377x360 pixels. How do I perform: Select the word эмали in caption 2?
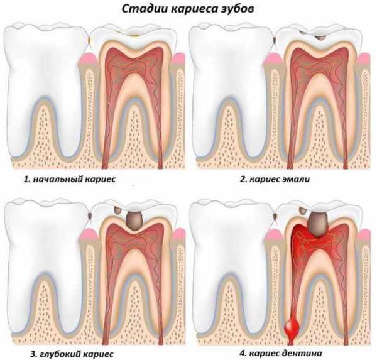pos(297,179)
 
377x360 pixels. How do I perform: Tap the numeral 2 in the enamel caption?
pos(243,179)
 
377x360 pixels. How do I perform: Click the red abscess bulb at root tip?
pos(292,327)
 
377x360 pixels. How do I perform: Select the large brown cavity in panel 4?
pos(319,224)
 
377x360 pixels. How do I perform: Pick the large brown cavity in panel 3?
pos(134,221)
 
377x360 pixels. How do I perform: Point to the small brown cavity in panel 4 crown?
pos(302,211)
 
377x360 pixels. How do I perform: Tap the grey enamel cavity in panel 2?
pos(320,37)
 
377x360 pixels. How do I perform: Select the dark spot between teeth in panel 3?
pos(90,215)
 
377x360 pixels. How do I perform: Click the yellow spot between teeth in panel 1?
pos(89,40)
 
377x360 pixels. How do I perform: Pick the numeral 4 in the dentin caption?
pos(243,353)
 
